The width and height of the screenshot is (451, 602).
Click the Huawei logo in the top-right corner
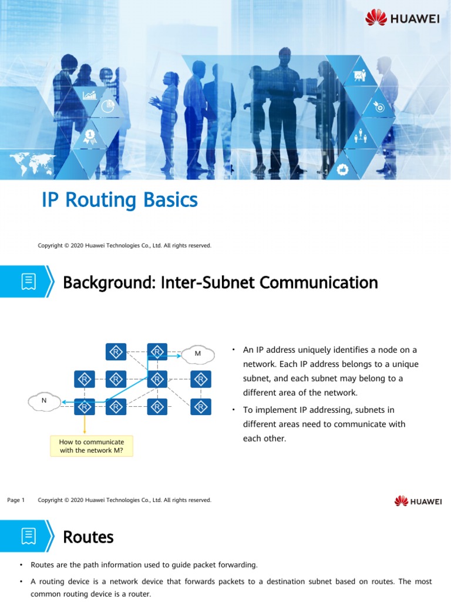pyautogui.click(x=402, y=18)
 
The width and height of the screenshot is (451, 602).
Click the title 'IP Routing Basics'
pyautogui.click(x=120, y=200)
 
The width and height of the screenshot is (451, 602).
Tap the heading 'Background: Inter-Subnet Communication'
pyautogui.click(x=220, y=283)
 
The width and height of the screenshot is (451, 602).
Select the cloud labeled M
pyautogui.click(x=197, y=353)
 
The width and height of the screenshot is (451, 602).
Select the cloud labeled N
pyautogui.click(x=44, y=402)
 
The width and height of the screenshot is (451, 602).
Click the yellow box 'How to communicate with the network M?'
pyautogui.click(x=92, y=446)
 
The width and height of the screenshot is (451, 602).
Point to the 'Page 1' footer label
pyautogui.click(x=16, y=500)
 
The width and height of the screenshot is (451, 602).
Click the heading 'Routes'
pyautogui.click(x=88, y=537)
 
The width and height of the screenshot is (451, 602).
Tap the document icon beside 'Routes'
pyautogui.click(x=28, y=536)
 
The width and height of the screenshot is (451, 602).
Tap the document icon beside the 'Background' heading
pyautogui.click(x=28, y=282)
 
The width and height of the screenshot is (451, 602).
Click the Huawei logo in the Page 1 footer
pyautogui.click(x=418, y=501)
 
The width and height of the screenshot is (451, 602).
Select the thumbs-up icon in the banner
pyautogui.click(x=344, y=169)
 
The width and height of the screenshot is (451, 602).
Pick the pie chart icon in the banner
pyautogui.click(x=107, y=106)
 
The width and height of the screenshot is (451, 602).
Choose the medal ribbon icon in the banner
pyautogui.click(x=90, y=136)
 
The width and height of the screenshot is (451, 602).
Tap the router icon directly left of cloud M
pyautogui.click(x=157, y=352)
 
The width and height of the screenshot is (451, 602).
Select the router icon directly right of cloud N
pyautogui.click(x=85, y=406)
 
